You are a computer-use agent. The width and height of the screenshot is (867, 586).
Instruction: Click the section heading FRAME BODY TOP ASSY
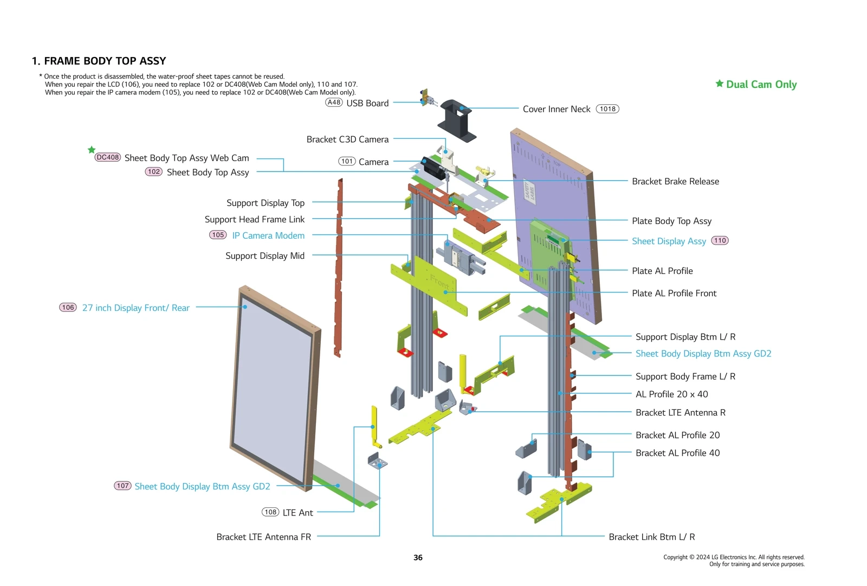click(105, 61)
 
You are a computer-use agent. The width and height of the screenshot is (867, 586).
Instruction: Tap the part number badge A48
click(334, 103)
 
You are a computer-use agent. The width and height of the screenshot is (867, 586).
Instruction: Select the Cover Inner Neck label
click(556, 109)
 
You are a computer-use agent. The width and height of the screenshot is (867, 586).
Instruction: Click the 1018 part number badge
click(607, 109)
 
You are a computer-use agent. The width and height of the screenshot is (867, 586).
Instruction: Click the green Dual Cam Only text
click(761, 84)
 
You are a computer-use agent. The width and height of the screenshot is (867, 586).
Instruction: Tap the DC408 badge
click(107, 157)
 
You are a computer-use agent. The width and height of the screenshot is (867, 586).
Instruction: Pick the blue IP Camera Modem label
click(268, 235)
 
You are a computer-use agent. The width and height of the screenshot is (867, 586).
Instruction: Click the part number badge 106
click(68, 308)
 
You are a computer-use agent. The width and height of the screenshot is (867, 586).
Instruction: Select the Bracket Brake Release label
click(675, 181)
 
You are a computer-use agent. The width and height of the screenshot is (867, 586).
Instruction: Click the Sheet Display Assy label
click(669, 241)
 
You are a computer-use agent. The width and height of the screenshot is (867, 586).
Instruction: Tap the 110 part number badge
click(720, 240)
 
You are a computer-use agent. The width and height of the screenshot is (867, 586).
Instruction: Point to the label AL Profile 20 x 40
click(671, 394)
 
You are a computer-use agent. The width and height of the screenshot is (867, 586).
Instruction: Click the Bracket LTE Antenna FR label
click(263, 537)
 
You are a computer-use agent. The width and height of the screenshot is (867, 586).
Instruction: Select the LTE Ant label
click(297, 513)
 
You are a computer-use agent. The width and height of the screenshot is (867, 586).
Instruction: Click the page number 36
click(418, 557)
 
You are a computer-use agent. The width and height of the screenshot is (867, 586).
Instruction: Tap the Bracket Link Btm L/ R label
click(651, 537)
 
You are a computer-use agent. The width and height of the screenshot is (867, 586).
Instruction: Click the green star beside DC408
click(92, 150)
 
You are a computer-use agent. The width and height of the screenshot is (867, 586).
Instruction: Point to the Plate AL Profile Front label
click(674, 293)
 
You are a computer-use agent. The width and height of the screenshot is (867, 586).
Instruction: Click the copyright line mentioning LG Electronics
click(734, 557)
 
